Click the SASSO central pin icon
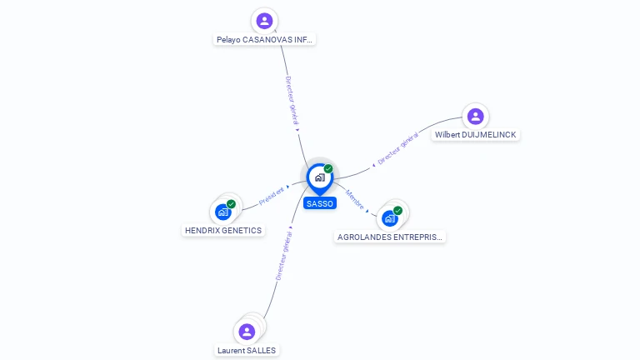[x=319, y=177]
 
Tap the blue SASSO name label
[x=320, y=203]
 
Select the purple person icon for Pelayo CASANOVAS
[x=264, y=21]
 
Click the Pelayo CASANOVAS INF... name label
[x=265, y=39]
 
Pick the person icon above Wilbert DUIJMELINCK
[x=475, y=116]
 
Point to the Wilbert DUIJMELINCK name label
[x=476, y=134]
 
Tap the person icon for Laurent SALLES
[x=247, y=332]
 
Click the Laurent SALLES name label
[x=247, y=350]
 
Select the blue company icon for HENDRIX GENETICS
[x=222, y=212]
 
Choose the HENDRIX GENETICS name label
[x=223, y=230]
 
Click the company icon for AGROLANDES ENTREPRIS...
[x=389, y=218]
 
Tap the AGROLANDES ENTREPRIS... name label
[x=390, y=237]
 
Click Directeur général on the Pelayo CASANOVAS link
[x=292, y=101]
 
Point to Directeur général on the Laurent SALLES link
[x=283, y=256]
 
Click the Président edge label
[x=272, y=196]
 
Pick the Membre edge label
[x=355, y=200]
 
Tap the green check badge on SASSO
[x=328, y=168]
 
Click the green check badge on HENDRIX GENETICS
[x=231, y=203]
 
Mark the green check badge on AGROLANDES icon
[x=397, y=210]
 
